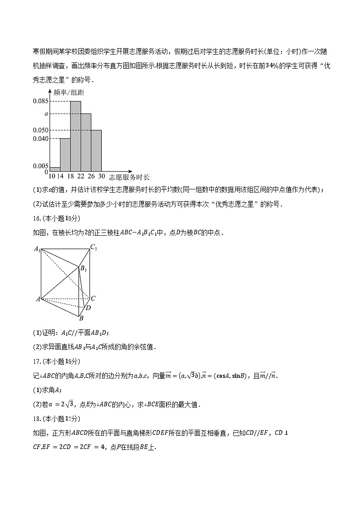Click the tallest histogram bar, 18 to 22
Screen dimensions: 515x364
coord(76,136)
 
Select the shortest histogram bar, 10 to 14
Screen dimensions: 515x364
coord(55,169)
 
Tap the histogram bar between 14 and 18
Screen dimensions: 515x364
coord(65,155)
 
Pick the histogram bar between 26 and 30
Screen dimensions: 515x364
coord(96,150)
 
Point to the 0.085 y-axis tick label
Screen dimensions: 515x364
coord(40,101)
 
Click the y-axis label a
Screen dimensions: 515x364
coord(46,114)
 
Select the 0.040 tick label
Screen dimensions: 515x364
coord(40,138)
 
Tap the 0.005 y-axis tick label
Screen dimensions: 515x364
coord(40,166)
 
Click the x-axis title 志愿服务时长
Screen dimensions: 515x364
coord(131,177)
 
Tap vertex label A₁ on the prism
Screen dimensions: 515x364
coord(37,249)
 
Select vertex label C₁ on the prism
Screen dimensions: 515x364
coord(94,248)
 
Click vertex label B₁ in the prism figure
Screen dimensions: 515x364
coord(83,269)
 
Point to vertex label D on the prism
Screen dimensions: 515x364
coord(88,308)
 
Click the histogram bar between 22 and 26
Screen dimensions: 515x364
coord(86,142)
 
